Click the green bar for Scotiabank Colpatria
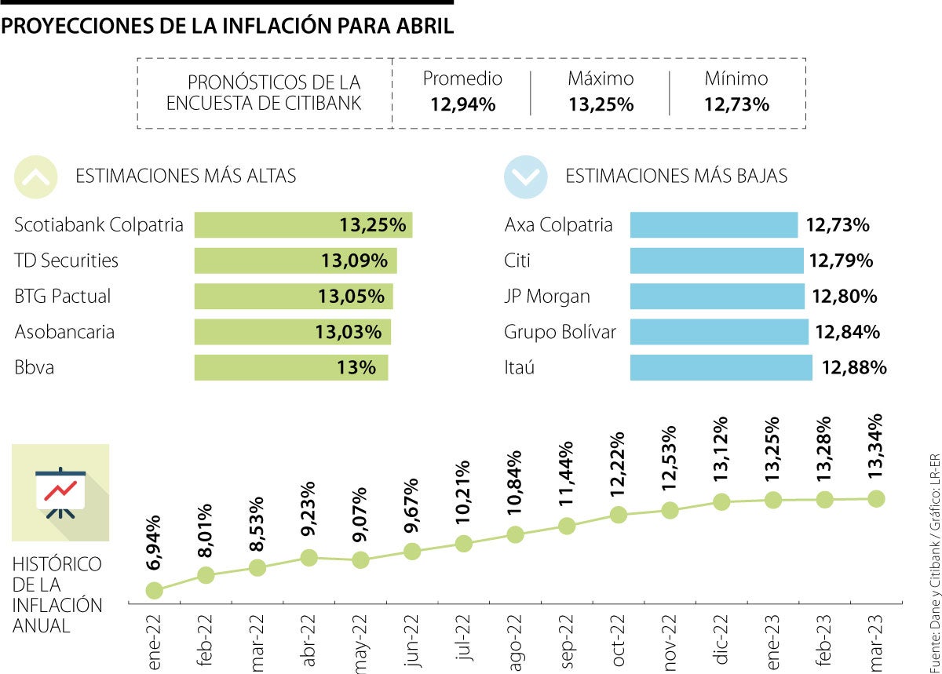(x=303, y=225)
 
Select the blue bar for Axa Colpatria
(x=714, y=225)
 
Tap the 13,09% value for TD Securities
(x=353, y=260)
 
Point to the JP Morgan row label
(x=547, y=297)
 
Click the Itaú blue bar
(x=721, y=367)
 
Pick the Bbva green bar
(x=290, y=367)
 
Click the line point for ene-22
(x=155, y=590)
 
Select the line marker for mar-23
(x=877, y=498)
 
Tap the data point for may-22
(x=360, y=560)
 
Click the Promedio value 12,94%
(x=462, y=104)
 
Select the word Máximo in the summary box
(x=601, y=78)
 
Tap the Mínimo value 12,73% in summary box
(x=736, y=104)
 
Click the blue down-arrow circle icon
(x=526, y=177)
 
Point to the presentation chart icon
(x=60, y=493)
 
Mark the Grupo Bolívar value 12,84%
(x=847, y=332)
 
